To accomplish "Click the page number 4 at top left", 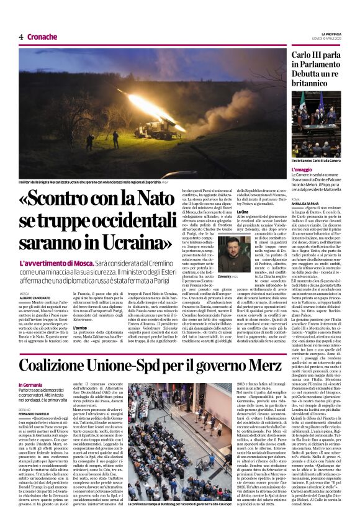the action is pos(21,37).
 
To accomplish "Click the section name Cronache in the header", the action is pos(42,37).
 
